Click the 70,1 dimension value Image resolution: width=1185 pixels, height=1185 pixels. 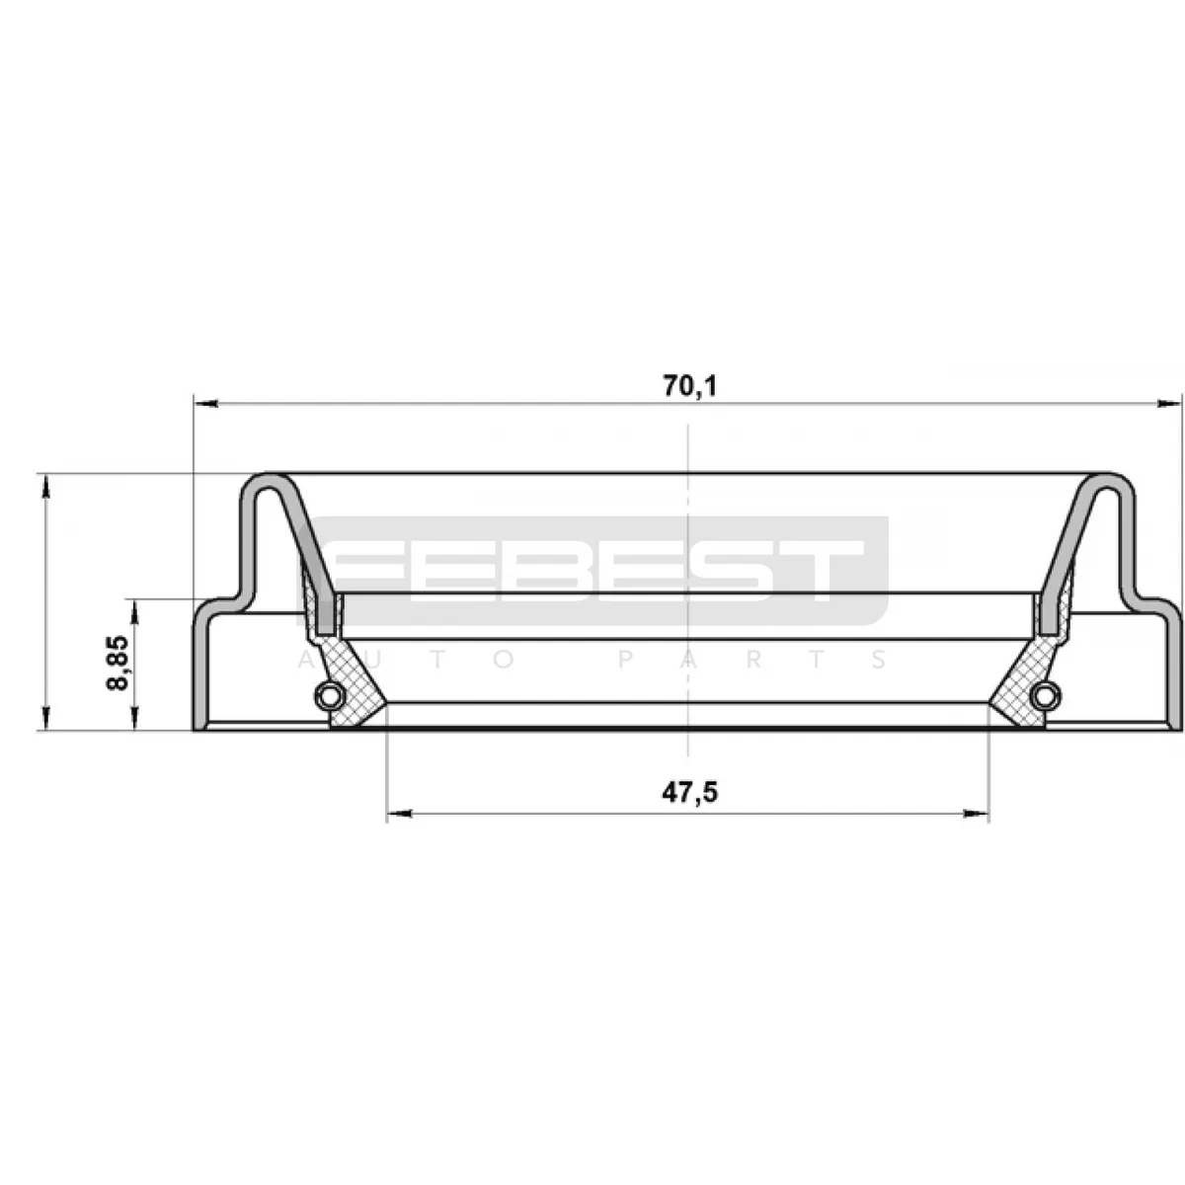[690, 386]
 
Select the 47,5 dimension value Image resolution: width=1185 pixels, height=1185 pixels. [690, 793]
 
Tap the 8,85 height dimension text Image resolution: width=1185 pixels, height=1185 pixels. [118, 663]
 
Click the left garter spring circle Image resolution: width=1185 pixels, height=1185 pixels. [328, 697]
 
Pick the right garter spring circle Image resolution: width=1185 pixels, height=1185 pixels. [1047, 697]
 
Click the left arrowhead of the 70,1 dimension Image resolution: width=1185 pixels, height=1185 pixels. [205, 404]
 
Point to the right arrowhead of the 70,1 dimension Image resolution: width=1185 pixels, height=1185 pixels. [1169, 404]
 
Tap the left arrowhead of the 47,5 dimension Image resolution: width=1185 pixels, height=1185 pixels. [399, 814]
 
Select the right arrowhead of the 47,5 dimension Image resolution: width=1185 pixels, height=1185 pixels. [977, 814]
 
